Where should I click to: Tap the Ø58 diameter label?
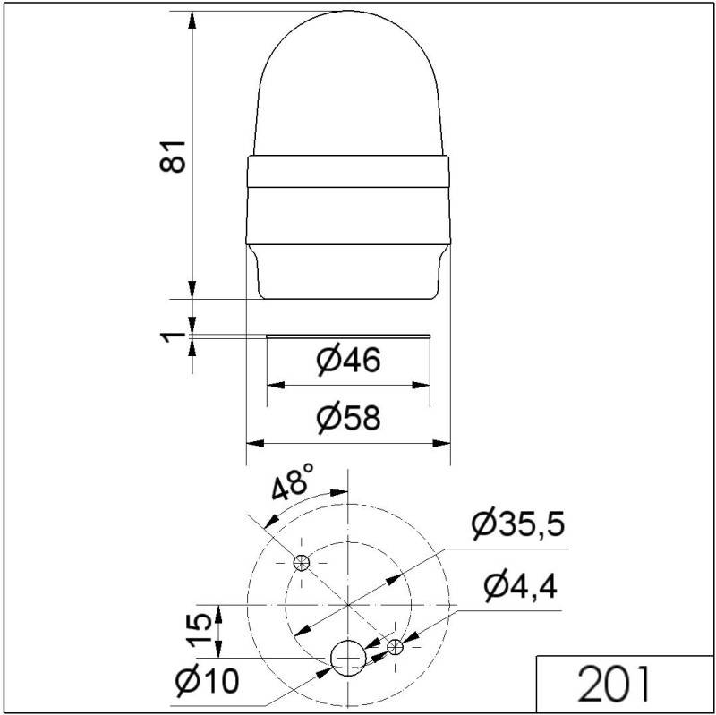349,417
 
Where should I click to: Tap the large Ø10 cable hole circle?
347,658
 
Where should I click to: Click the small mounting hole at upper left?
302,562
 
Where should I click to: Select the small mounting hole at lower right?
395,646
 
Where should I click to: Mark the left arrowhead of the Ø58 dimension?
253,442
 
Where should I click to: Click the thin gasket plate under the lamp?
349,336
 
